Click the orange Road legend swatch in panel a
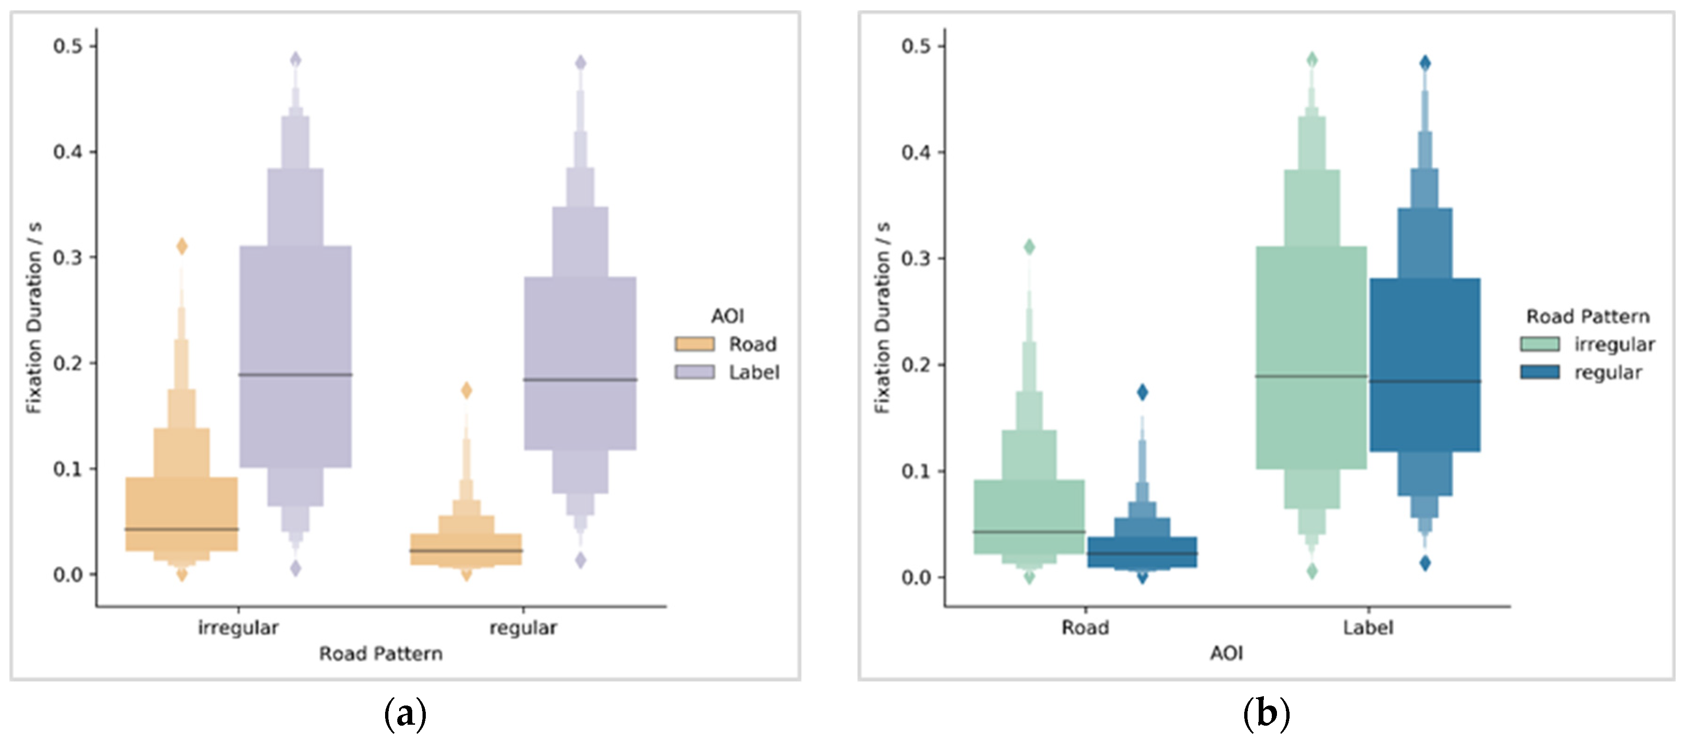coord(694,344)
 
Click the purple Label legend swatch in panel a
coord(694,372)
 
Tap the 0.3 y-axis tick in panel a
coord(68,257)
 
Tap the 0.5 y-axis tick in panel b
coord(916,46)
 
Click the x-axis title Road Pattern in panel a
coord(381,654)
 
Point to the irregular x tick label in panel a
coord(238,628)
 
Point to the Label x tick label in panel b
coord(1368,628)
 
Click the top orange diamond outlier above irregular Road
coord(182,246)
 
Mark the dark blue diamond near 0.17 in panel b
coord(1142,392)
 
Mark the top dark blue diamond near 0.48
coord(1425,63)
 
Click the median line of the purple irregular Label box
coord(296,374)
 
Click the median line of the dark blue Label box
coord(1425,381)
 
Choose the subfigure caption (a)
coord(405,713)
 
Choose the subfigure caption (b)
coord(1266,713)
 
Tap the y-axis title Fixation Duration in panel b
coord(883,318)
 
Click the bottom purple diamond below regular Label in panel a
coord(580,560)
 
